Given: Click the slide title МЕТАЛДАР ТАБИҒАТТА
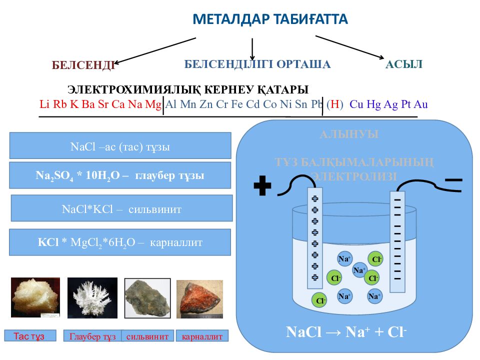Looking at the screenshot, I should click(x=270, y=19).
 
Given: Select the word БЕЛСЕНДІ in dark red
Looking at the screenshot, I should click(x=83, y=65).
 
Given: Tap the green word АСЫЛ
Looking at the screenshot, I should click(x=404, y=64).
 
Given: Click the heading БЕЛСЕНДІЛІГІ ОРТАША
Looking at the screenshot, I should click(x=257, y=64).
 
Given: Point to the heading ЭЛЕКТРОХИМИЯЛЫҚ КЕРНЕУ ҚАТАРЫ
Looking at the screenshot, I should click(x=188, y=89).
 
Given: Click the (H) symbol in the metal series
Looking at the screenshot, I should click(x=335, y=105).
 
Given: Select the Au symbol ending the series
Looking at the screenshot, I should click(x=421, y=105).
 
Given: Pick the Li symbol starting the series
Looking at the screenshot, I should click(x=44, y=105).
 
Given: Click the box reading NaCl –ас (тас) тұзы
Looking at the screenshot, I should click(x=120, y=146).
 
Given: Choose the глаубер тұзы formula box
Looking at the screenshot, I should click(x=120, y=175).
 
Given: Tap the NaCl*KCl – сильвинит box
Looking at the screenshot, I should click(x=121, y=208).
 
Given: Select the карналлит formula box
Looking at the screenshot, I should click(x=120, y=242).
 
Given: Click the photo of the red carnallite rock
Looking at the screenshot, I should click(x=199, y=299).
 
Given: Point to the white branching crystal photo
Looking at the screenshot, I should click(x=92, y=298).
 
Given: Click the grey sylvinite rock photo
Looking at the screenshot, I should click(x=147, y=299).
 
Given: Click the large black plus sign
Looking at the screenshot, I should click(x=262, y=186).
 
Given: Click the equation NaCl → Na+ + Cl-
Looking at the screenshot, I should click(x=346, y=332).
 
